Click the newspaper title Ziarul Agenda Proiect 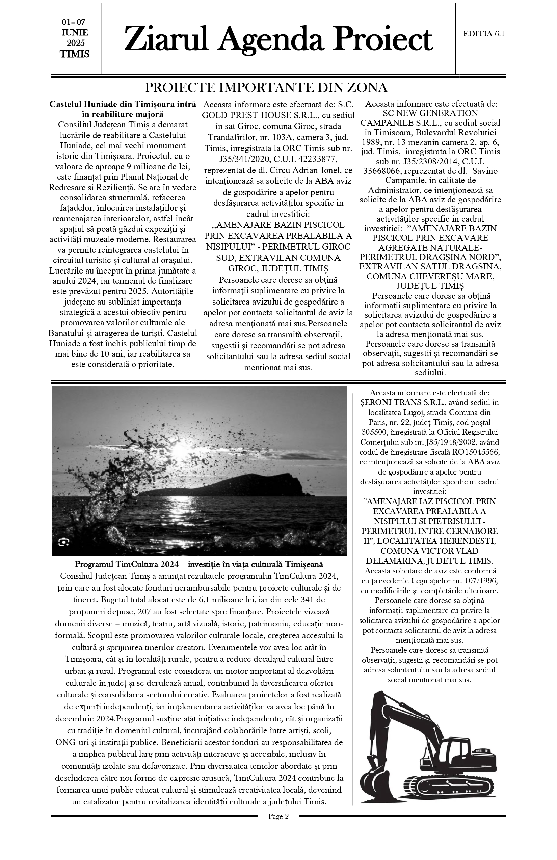278,39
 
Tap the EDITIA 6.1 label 483,34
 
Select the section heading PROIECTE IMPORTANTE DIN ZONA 266,88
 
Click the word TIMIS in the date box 75,54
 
